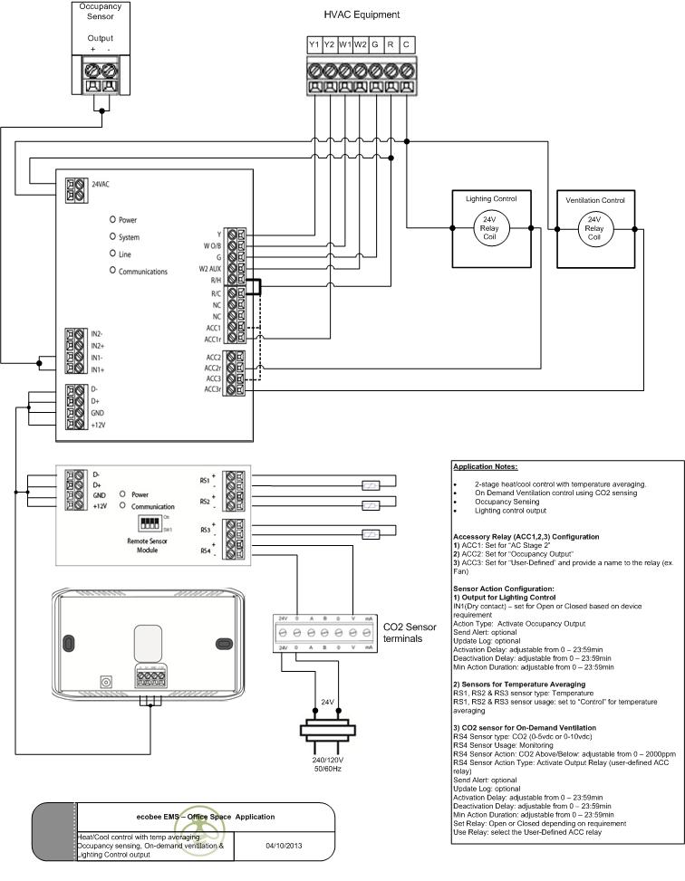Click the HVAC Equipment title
coord(362,14)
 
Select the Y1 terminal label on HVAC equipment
coord(314,43)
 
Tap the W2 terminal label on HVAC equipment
coord(360,43)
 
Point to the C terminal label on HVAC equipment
coord(406,43)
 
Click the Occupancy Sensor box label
coord(101,11)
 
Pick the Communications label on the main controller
coord(143,272)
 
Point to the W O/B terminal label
coord(213,245)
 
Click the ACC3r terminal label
coord(213,389)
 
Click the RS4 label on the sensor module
coord(205,550)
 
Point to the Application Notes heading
coord(485,466)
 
